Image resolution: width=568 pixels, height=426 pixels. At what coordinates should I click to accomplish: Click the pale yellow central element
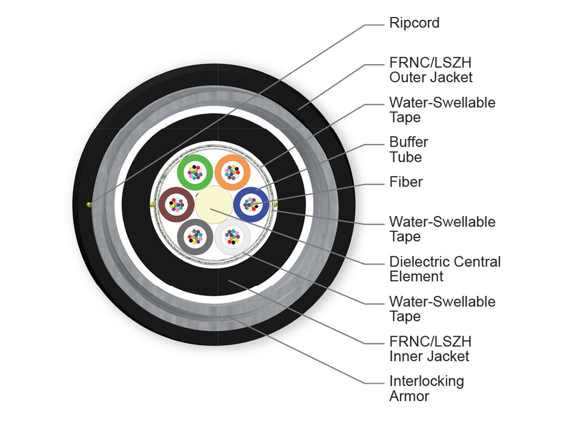click(214, 204)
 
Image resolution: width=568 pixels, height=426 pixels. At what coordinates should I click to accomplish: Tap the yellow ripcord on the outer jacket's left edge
click(89, 205)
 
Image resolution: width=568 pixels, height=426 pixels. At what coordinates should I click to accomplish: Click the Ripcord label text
click(414, 23)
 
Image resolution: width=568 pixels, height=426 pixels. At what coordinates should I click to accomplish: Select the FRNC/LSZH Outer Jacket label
click(431, 70)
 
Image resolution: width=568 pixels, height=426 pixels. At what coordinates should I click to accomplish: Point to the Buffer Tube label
click(408, 150)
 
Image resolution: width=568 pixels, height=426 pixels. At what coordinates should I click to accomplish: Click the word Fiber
click(406, 182)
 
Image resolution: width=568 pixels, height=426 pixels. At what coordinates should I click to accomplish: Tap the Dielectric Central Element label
click(445, 269)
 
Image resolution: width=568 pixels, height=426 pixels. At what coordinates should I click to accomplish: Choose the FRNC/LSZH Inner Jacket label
click(430, 349)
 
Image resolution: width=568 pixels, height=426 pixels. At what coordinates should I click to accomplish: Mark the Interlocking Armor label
click(427, 389)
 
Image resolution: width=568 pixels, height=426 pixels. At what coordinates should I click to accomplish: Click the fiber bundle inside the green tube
click(195, 172)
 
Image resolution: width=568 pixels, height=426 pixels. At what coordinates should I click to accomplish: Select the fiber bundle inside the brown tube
click(177, 204)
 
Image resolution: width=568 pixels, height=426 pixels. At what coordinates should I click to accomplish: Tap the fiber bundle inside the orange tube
click(232, 172)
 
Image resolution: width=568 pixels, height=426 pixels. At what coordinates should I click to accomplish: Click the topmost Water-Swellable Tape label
click(442, 110)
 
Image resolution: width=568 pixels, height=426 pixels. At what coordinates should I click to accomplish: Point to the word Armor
click(409, 396)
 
